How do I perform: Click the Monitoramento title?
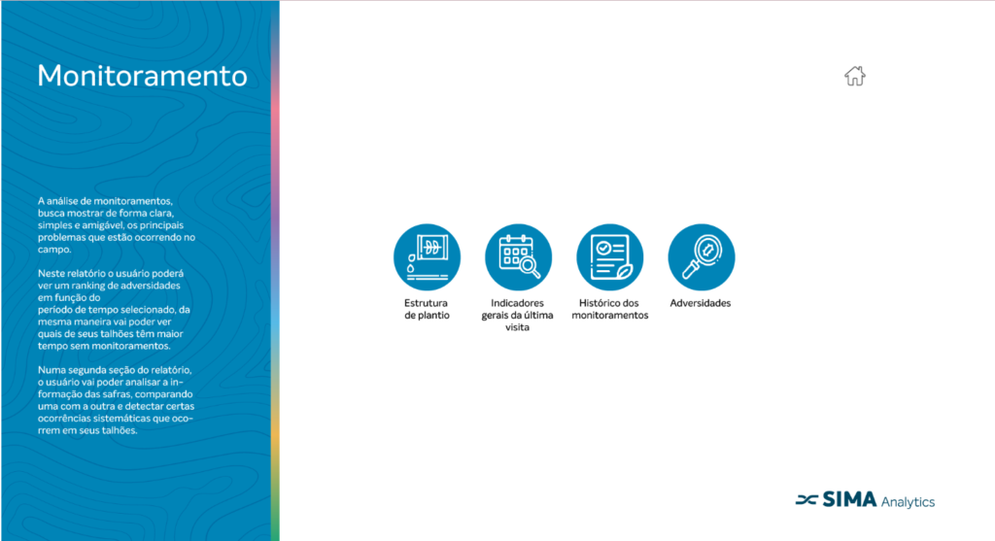(x=142, y=76)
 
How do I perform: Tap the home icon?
(x=855, y=76)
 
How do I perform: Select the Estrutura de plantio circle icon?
(x=428, y=256)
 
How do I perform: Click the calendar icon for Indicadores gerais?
(x=519, y=256)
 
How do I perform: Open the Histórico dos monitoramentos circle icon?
(x=610, y=256)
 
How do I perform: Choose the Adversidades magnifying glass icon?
(x=702, y=256)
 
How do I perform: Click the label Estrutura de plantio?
(x=427, y=309)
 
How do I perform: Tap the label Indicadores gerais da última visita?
(x=517, y=316)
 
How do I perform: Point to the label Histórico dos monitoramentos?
(x=610, y=309)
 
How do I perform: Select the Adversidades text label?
(x=701, y=303)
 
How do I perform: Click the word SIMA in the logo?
(x=849, y=500)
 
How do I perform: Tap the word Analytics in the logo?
(x=909, y=502)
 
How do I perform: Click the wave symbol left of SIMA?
(x=806, y=500)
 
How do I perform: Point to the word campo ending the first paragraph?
(x=53, y=250)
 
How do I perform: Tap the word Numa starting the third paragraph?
(x=51, y=370)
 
